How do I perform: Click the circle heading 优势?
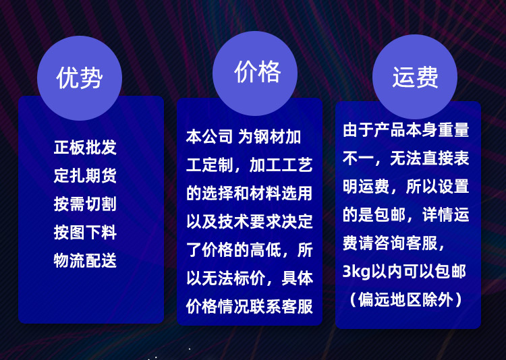pos(80,78)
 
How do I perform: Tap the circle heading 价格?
pos(255,73)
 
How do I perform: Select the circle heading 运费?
pos(415,77)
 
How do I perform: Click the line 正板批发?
pos(85,147)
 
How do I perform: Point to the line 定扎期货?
pos(85,175)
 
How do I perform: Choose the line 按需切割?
pos(85,204)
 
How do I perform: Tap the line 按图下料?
pos(85,233)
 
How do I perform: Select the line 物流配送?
pos(85,261)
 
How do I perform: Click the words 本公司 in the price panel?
pos(209,137)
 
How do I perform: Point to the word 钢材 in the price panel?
pos(269,137)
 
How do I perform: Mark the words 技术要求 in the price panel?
pos(250,222)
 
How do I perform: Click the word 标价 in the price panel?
pos(250,278)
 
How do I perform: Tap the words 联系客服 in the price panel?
pos(281,307)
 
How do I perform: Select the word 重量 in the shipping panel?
pos(453,129)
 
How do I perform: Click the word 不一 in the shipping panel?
pos(358,158)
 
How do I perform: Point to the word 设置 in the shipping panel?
pos(453,187)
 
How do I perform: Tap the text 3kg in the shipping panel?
pos(357,272)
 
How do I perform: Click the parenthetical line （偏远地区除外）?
pos(405,300)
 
